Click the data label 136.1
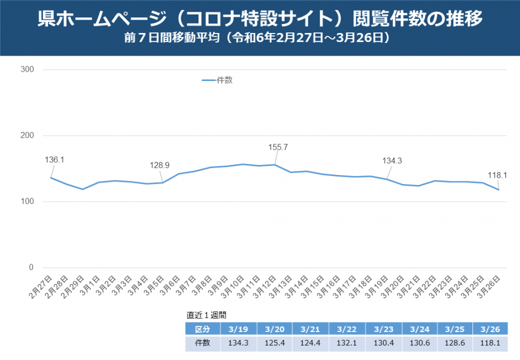(55, 159)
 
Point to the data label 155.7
(278, 147)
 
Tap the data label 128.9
(159, 165)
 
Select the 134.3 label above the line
(393, 161)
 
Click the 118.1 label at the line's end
(498, 175)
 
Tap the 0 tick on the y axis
(31, 268)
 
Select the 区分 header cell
(202, 329)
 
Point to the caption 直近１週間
(206, 315)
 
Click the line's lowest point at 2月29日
(83, 189)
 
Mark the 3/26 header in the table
(490, 329)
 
